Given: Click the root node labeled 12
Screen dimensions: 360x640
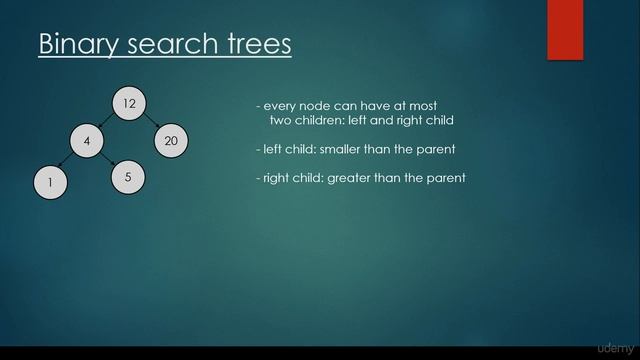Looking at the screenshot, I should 129,103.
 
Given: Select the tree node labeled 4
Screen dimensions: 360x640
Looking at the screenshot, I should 87,141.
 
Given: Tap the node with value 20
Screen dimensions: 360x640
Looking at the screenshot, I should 171,141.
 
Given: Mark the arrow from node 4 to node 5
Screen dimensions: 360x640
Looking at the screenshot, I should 108,160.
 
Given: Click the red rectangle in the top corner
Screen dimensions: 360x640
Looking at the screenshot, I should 564,29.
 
